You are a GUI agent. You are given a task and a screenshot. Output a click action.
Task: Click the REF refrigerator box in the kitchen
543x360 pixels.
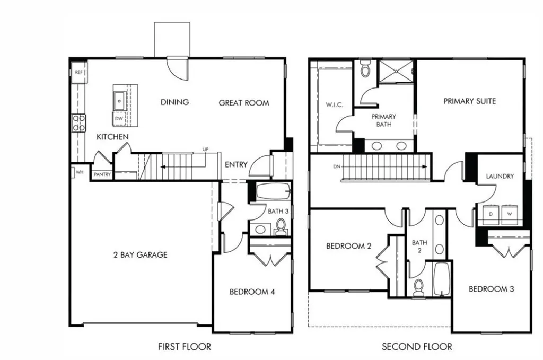[79, 72]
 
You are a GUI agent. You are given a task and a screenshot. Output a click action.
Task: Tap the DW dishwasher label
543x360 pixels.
[119, 119]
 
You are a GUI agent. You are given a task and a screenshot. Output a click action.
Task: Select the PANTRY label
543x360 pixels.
[102, 174]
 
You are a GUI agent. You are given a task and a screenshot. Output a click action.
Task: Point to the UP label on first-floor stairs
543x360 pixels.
[205, 150]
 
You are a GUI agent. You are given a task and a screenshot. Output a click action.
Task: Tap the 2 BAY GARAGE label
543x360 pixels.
[140, 254]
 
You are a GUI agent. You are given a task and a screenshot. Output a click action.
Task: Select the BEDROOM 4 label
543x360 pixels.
[252, 292]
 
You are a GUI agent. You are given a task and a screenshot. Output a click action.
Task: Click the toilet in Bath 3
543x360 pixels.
[281, 227]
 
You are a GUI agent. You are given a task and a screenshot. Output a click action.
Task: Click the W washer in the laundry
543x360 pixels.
[510, 214]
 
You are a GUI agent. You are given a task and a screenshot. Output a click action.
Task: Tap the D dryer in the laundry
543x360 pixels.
[491, 214]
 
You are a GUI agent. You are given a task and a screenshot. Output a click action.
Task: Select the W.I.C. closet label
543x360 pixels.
[334, 104]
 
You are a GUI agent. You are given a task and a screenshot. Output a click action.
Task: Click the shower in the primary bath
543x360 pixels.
[397, 72]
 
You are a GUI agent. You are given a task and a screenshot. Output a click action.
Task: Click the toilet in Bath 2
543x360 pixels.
[418, 287]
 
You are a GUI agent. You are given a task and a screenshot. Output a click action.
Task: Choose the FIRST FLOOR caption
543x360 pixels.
[184, 347]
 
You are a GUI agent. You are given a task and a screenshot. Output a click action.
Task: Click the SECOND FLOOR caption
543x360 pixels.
[417, 347]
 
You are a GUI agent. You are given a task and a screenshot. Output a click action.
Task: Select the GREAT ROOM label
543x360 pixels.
[244, 103]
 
